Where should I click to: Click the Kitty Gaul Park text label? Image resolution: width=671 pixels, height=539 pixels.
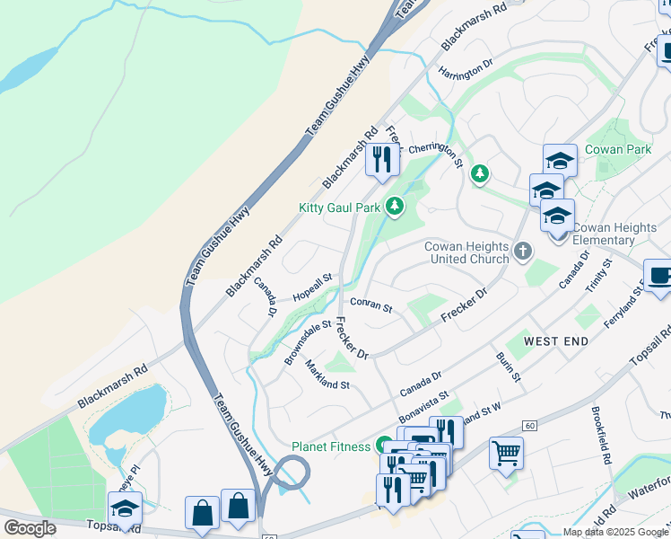click(339, 208)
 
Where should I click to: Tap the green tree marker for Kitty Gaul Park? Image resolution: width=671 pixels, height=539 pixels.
click(394, 208)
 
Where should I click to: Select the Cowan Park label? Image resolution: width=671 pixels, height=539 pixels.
click(617, 149)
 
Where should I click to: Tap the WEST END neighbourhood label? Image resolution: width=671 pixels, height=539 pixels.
click(555, 341)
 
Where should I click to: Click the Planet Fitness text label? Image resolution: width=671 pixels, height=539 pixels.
click(330, 446)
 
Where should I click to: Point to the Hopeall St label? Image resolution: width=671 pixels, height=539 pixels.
click(312, 287)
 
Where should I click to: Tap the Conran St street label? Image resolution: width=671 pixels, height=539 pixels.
click(371, 306)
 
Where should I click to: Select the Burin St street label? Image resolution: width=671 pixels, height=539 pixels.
click(509, 367)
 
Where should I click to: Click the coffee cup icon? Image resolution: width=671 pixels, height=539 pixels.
click(660, 276)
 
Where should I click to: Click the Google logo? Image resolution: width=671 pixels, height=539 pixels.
click(30, 528)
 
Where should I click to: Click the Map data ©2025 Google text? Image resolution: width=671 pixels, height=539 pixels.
click(614, 532)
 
